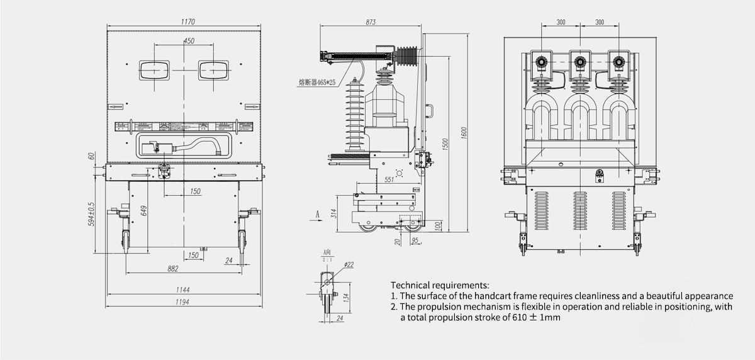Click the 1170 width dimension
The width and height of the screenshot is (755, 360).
coord(186,21)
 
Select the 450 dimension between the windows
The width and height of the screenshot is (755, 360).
coord(188,41)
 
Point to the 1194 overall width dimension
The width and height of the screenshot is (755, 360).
coord(182,302)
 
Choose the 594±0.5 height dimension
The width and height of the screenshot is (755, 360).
coord(92,214)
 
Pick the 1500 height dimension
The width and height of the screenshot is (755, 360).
coord(444,143)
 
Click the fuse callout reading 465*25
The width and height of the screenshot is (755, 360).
coord(318,81)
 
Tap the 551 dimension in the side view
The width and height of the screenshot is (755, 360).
coord(389,180)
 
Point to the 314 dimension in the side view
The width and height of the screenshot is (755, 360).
coord(334,213)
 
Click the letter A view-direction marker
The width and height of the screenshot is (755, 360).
coord(318,215)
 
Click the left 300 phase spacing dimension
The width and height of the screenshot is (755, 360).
coord(561,22)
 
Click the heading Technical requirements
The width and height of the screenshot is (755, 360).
coord(439,285)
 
